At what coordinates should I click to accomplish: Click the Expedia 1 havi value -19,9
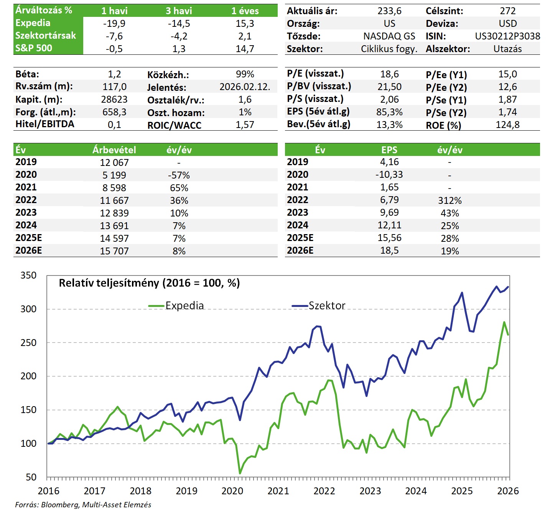[114, 24]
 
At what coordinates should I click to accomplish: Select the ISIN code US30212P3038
[507, 36]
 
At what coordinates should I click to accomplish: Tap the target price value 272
[507, 11]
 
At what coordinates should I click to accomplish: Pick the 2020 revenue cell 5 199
[114, 175]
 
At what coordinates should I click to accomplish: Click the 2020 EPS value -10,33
[389, 175]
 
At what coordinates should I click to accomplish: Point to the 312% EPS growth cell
[450, 200]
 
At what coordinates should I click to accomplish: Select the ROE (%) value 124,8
[507, 125]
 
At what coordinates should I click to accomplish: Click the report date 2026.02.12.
[245, 87]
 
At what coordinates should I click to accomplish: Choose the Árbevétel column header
[114, 150]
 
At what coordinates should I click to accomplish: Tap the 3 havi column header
[179, 11]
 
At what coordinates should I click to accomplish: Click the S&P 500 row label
[34, 48]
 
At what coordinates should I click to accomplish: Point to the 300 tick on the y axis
[28, 309]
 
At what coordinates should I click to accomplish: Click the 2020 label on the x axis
[232, 491]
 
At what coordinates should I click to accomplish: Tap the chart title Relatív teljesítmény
[149, 283]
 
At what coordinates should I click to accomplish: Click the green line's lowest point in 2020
[240, 473]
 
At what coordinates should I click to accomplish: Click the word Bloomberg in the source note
[59, 505]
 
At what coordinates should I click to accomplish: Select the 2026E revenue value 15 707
[114, 251]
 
